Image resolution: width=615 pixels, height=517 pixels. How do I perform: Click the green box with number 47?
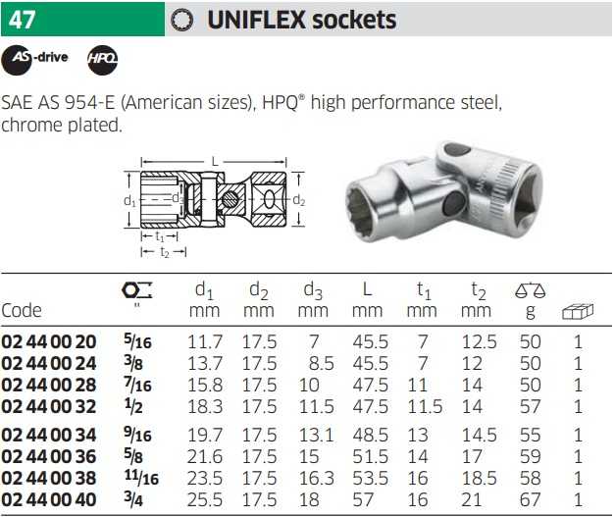82,19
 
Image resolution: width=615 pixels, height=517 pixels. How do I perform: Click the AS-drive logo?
35,60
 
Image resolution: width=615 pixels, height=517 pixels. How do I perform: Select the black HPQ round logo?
102,60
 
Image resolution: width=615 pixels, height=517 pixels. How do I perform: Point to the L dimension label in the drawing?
215,161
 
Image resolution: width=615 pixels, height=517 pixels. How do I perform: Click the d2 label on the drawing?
299,200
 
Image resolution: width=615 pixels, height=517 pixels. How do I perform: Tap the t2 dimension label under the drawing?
165,252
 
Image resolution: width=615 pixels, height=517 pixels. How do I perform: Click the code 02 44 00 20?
49,342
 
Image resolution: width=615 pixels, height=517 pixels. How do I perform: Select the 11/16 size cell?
141,477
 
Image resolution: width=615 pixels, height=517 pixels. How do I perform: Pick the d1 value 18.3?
205,406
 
